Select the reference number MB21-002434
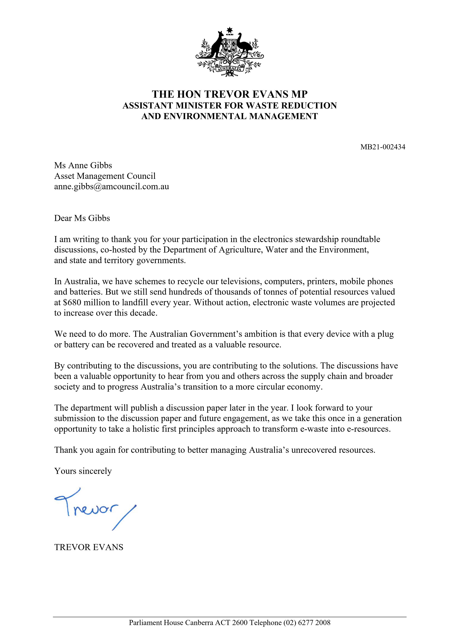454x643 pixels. tap(383, 147)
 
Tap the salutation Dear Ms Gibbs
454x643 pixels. tap(82, 218)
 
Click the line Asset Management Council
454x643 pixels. tap(105, 176)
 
